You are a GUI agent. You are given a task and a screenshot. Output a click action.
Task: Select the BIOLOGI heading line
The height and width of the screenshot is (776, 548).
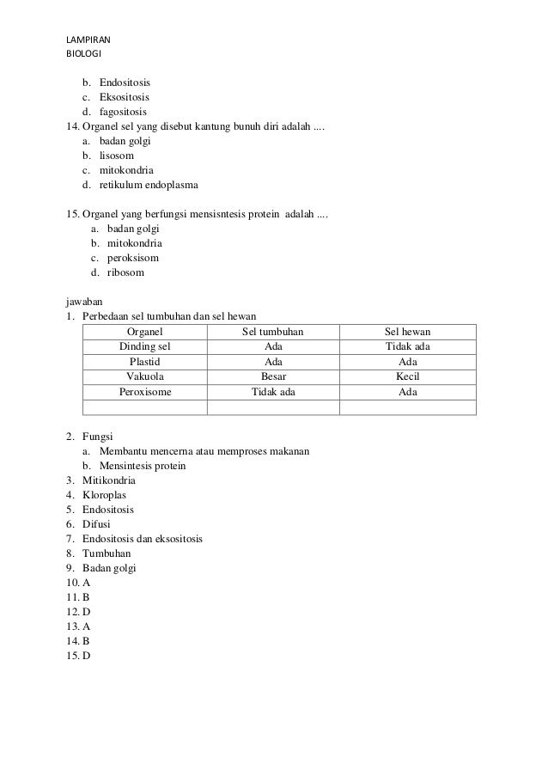[83, 53]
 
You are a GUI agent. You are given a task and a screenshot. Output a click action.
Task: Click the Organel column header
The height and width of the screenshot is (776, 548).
[144, 332]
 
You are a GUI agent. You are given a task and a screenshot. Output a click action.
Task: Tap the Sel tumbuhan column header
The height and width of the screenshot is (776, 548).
[273, 332]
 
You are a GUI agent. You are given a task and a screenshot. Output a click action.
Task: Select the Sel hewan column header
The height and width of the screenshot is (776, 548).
[408, 332]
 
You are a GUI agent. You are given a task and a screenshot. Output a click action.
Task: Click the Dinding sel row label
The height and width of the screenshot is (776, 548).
[144, 346]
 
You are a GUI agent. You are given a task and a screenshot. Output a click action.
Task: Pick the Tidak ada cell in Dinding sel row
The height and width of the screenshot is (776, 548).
[408, 346]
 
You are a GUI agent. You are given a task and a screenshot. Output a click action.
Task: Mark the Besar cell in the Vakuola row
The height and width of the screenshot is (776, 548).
[273, 376]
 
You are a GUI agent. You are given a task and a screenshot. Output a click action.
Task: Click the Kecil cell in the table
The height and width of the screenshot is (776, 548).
[408, 376]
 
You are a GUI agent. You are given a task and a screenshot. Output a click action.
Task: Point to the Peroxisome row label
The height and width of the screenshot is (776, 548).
[144, 392]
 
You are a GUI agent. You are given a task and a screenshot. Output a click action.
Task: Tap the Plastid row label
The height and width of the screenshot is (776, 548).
[144, 362]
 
